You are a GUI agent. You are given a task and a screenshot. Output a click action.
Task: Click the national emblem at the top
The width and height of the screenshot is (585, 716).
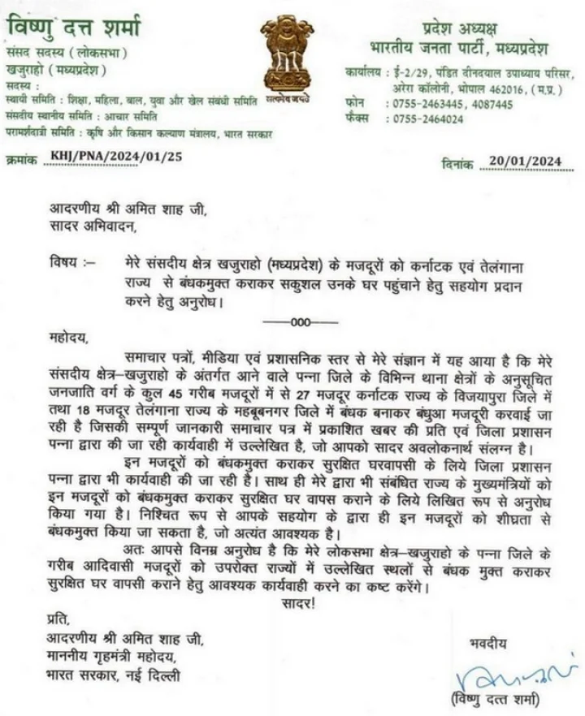tap(286, 57)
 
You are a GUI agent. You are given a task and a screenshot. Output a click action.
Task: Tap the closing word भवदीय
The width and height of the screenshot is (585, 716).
tap(488, 643)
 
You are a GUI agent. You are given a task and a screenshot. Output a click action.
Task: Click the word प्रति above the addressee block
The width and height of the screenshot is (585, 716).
tap(58, 622)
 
